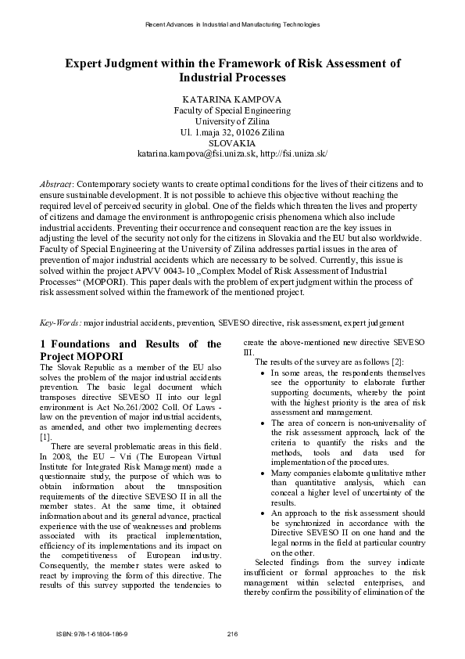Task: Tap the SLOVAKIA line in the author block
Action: coord(232,144)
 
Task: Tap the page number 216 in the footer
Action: coord(232,633)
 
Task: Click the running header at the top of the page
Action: coord(232,25)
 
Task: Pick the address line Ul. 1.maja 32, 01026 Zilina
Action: coord(232,133)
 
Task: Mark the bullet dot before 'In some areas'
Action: coord(261,374)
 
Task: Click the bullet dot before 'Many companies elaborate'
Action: coord(261,474)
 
